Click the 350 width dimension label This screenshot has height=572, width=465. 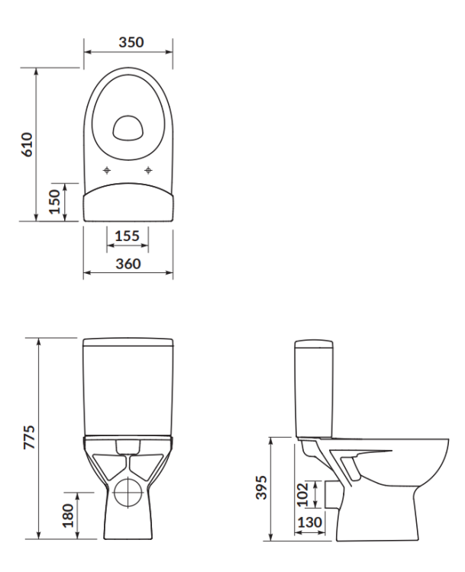tap(128, 42)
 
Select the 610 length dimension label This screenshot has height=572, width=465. tap(27, 144)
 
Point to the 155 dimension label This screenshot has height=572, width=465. tap(127, 236)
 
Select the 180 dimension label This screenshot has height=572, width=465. tap(67, 515)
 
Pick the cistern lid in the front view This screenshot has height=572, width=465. tap(128, 340)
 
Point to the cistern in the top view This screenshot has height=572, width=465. tap(128, 202)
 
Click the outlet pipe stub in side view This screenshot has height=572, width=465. tap(330, 493)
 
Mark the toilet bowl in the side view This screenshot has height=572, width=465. tap(397, 465)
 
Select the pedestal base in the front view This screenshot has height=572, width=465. tap(128, 526)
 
